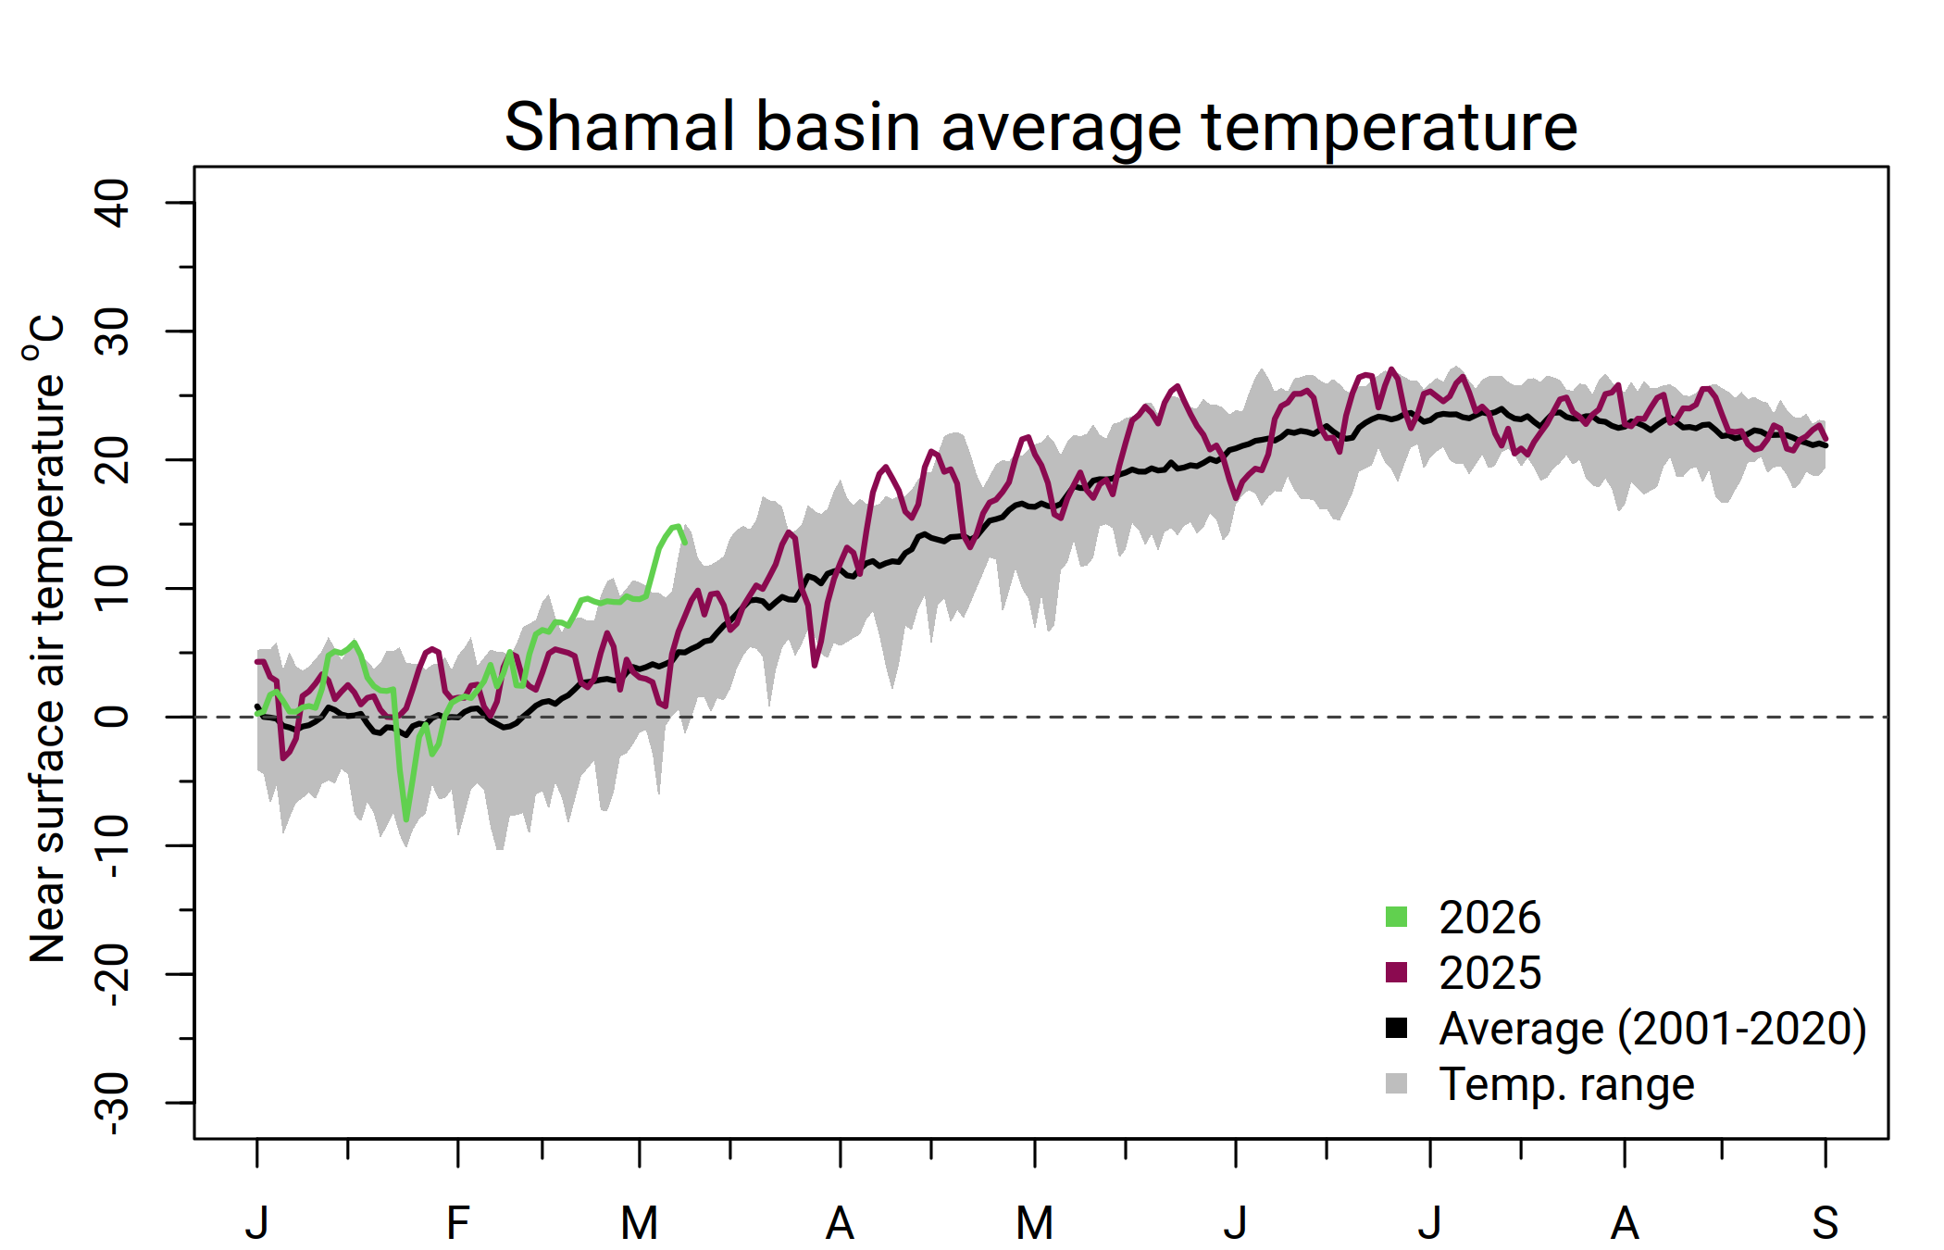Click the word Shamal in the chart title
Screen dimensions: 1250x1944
[x=618, y=127]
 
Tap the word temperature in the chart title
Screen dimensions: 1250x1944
[x=1389, y=127]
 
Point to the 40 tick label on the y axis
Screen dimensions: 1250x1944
[x=112, y=203]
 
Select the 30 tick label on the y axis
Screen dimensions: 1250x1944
[x=112, y=331]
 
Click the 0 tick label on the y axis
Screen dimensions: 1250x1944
[x=112, y=717]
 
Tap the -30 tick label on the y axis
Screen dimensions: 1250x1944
[x=112, y=1104]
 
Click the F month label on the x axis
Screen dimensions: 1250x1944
[x=457, y=1223]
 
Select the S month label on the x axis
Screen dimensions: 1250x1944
[x=1825, y=1223]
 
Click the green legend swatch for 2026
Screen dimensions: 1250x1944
[x=1396, y=917]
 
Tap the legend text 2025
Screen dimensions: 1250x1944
[x=1489, y=973]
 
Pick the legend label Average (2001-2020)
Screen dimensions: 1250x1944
[x=1652, y=1029]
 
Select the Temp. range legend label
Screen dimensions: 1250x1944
[x=1566, y=1084]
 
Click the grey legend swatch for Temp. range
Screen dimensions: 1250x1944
[x=1396, y=1083]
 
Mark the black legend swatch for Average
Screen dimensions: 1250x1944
[x=1396, y=1028]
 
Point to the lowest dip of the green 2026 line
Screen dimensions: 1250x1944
[x=406, y=819]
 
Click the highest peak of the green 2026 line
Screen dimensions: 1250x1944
[x=678, y=526]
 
